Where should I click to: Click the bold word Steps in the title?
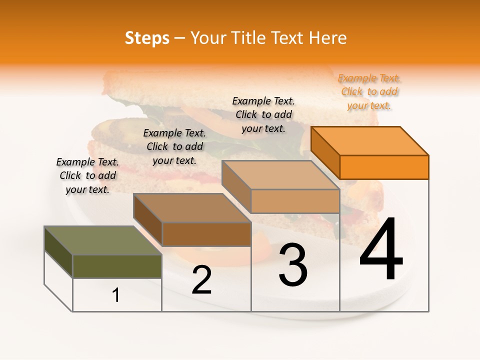pos(147,38)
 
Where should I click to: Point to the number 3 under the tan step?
pos(293,265)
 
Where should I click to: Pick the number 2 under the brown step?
pos(201,280)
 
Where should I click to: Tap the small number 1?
pos(116,295)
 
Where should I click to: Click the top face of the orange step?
pos(369,140)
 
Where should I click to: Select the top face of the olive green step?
pos(102,240)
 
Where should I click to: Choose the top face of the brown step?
pos(191,207)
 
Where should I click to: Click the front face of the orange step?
pos(384,167)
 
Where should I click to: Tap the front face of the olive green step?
pos(117,266)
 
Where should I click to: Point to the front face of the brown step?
pos(206,234)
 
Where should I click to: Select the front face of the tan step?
pos(295,201)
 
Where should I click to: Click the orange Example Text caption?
pos(369,91)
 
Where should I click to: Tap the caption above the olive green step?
pos(87,175)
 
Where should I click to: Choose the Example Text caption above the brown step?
pos(174,146)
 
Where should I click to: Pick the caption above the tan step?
pos(263,114)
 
